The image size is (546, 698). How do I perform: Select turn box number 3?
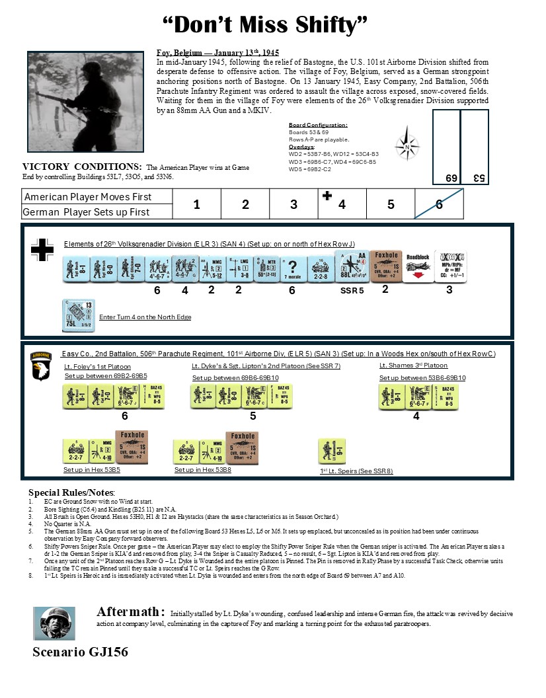[x=293, y=204]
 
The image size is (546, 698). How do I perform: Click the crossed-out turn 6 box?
[x=439, y=204]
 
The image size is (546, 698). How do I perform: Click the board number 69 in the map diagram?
[x=451, y=178]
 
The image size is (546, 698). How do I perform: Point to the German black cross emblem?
[x=42, y=249]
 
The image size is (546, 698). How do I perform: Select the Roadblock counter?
[x=418, y=267]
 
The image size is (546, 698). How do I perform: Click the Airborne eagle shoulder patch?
[x=42, y=366]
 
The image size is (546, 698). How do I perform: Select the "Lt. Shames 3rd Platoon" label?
[x=413, y=366]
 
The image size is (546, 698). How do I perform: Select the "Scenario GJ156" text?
[x=80, y=652]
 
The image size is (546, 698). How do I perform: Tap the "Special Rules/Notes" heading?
[x=71, y=493]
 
